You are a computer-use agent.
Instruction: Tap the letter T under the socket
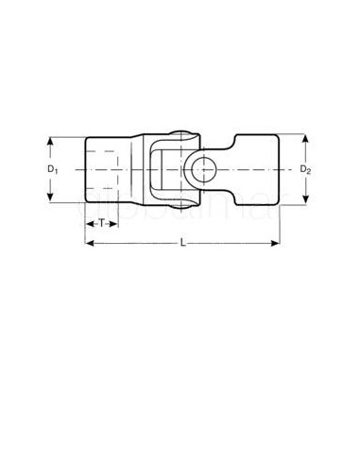(x=100, y=222)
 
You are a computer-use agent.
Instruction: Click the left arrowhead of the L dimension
(x=89, y=244)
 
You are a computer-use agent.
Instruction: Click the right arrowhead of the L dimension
(x=280, y=244)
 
